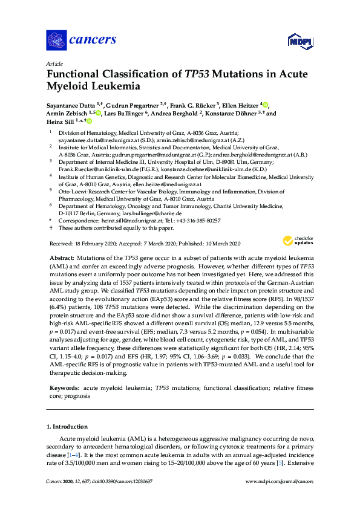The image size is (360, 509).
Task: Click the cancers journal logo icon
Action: click(57, 40)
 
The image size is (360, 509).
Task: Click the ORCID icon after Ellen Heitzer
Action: click(265, 104)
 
